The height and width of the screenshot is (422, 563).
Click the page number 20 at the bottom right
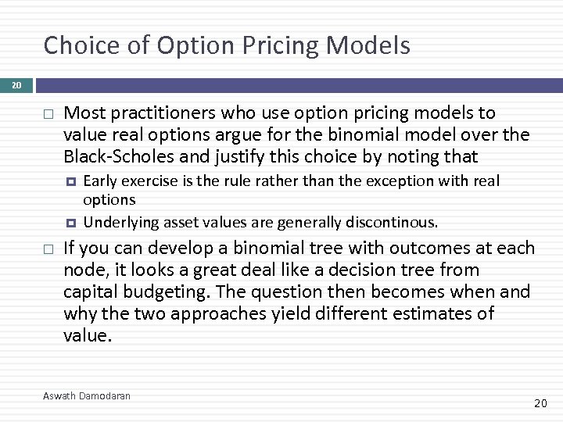[540, 403]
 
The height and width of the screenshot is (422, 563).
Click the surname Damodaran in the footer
[106, 396]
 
